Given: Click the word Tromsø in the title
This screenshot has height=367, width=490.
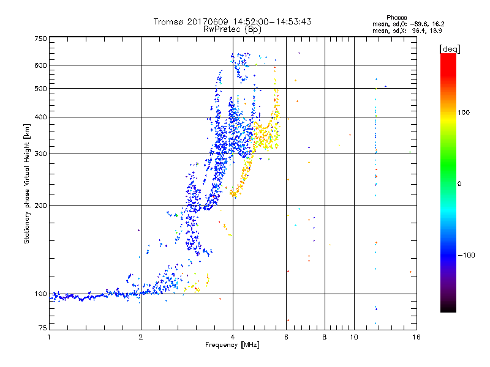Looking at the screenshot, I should [x=168, y=21].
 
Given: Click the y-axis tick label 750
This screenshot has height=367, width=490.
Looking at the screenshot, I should [x=40, y=39].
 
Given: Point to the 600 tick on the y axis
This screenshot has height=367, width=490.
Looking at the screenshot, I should [x=40, y=65].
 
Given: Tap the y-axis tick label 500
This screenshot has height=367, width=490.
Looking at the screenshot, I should [x=40, y=89].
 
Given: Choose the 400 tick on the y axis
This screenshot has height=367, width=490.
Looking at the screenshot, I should [x=40, y=117].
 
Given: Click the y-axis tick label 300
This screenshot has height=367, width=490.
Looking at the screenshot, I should [x=40, y=154].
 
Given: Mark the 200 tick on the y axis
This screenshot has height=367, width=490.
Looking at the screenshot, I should [x=40, y=205].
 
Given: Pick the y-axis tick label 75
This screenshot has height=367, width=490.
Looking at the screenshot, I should [x=42, y=329].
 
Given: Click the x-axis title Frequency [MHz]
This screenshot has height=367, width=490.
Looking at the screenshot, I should [x=232, y=346].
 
